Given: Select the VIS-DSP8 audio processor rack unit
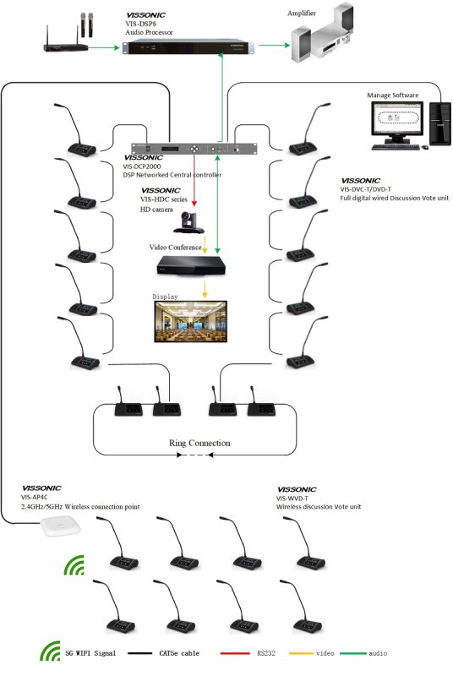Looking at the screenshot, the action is click(188, 46).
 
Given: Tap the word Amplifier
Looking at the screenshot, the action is click(302, 14).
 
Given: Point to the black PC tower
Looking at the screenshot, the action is click(440, 123).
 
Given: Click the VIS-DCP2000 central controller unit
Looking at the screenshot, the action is click(194, 149).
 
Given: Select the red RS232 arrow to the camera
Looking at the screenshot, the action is click(194, 181).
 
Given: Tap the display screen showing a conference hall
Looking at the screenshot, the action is click(191, 322).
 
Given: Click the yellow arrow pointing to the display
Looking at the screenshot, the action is click(205, 289).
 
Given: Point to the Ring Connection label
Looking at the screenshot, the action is click(199, 443).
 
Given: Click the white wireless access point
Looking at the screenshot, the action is click(61, 526).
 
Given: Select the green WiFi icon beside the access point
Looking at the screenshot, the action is click(74, 565).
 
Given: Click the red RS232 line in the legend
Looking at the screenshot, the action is click(235, 653).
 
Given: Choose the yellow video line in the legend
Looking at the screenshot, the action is click(301, 653).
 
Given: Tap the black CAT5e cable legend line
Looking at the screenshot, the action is click(139, 653).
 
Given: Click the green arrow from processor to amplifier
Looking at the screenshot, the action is click(274, 45).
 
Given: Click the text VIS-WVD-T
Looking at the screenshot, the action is click(292, 499).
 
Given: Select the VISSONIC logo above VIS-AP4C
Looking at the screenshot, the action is click(41, 488).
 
